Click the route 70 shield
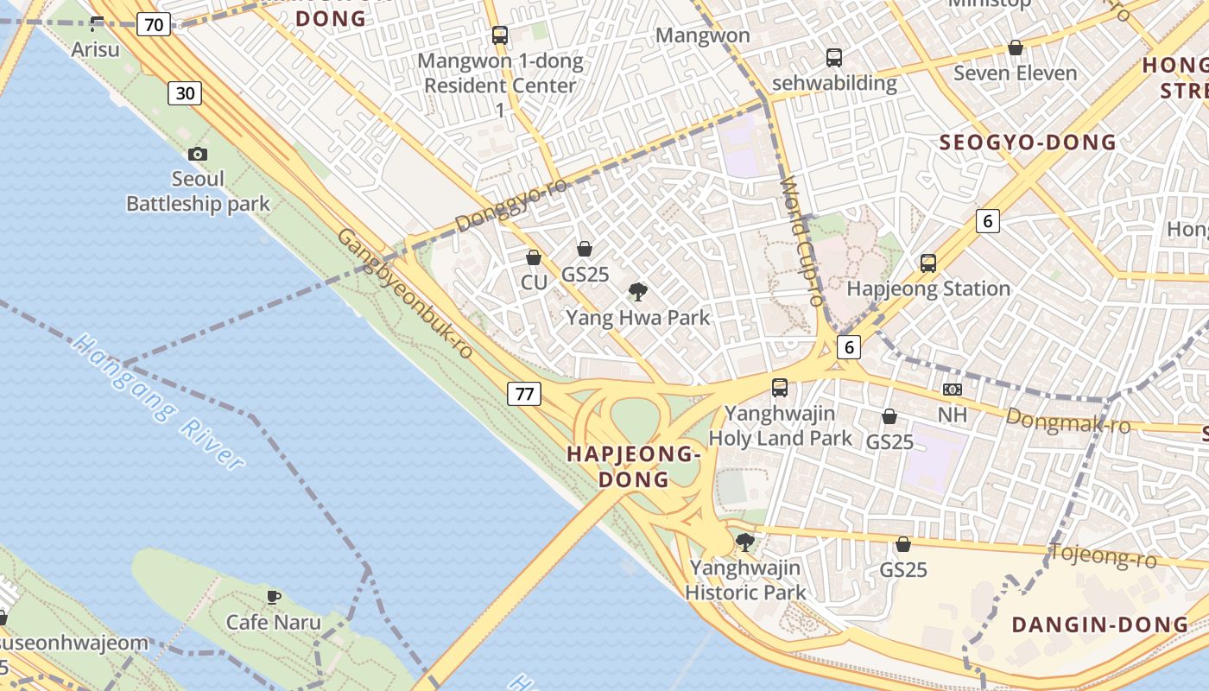pyautogui.click(x=153, y=24)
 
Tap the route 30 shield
pyautogui.click(x=185, y=92)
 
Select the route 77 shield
pyautogui.click(x=523, y=394)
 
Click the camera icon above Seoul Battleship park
pyautogui.click(x=198, y=154)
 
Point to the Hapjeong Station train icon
pyautogui.click(x=928, y=263)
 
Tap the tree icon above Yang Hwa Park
pyautogui.click(x=638, y=292)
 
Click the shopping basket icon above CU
pyautogui.click(x=534, y=257)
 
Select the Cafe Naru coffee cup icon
pyautogui.click(x=273, y=597)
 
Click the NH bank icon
pyautogui.click(x=953, y=390)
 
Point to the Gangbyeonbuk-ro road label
pyautogui.click(x=406, y=294)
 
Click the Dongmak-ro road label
pyautogui.click(x=1068, y=422)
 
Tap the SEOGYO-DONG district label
pyautogui.click(x=1028, y=143)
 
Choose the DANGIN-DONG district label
pyautogui.click(x=1099, y=624)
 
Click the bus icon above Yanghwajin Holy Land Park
pyautogui.click(x=780, y=387)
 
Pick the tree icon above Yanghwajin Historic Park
pyautogui.click(x=744, y=542)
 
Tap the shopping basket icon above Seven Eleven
pyautogui.click(x=1016, y=48)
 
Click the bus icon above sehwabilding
pyautogui.click(x=833, y=58)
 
